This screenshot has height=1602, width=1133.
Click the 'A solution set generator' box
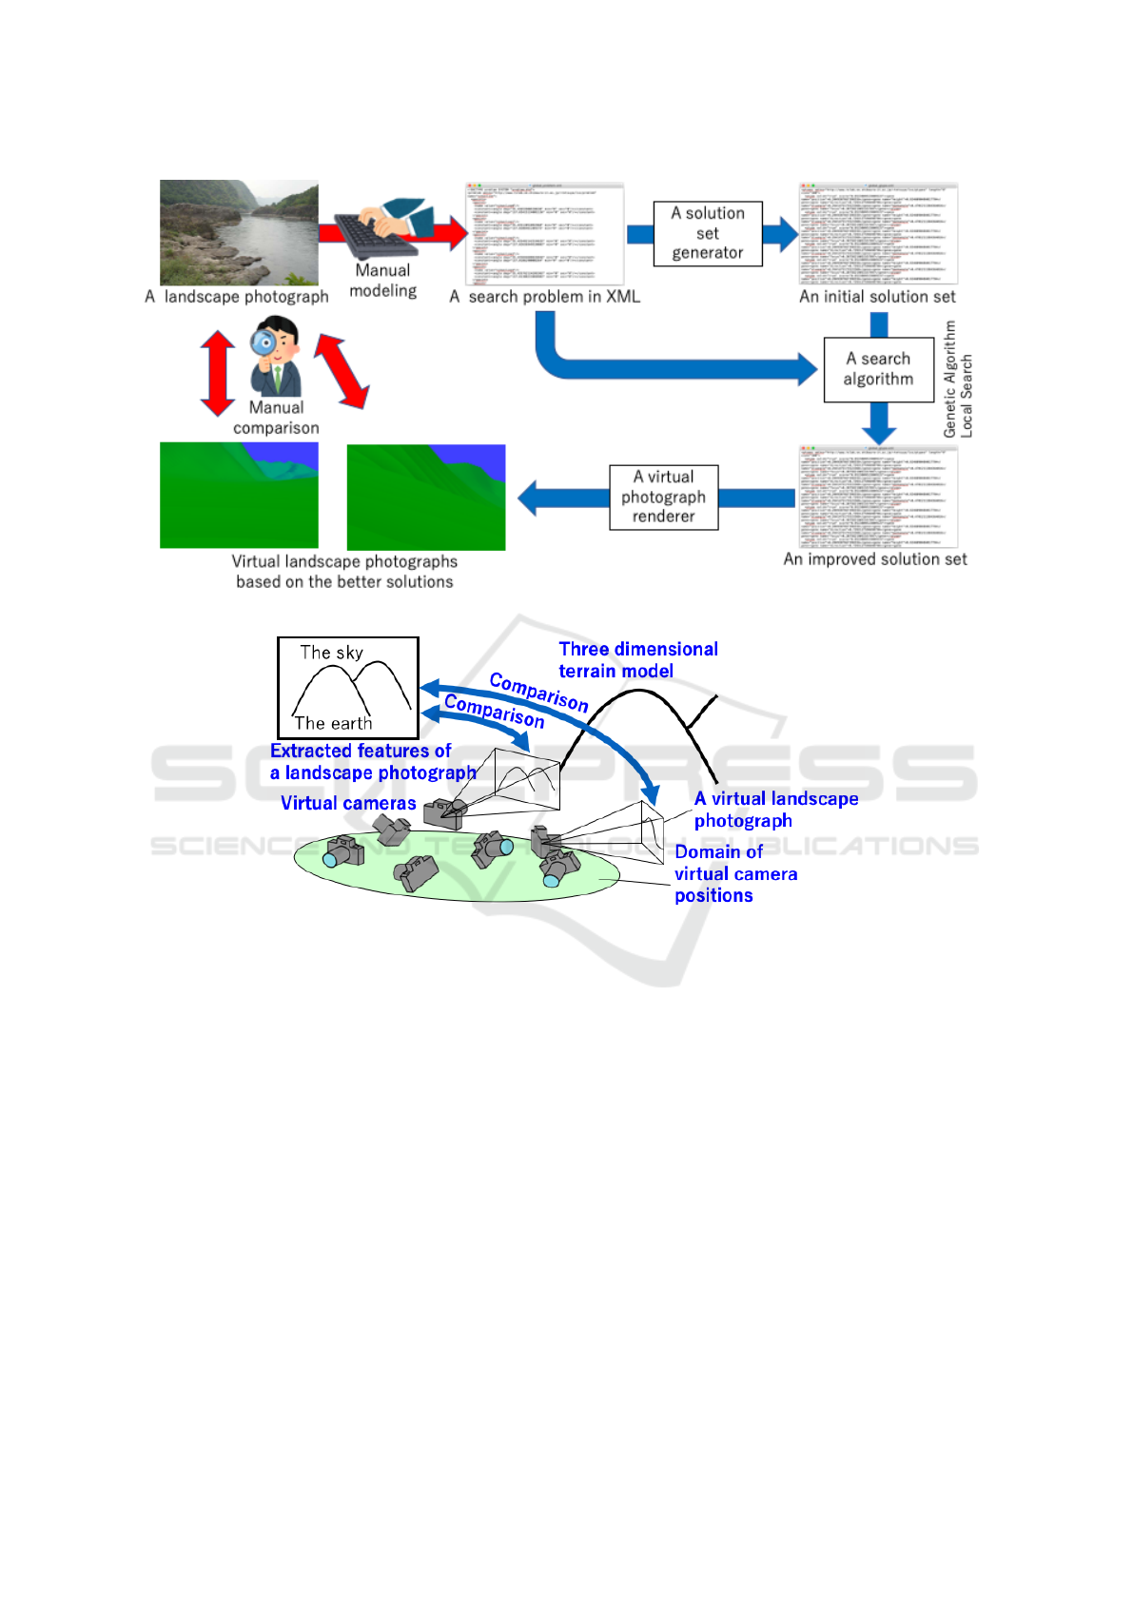point(708,233)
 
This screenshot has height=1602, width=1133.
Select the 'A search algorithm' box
point(878,369)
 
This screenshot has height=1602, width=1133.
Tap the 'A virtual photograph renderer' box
point(663,497)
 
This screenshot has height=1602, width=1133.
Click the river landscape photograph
point(239,232)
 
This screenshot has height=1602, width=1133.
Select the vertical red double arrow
point(218,373)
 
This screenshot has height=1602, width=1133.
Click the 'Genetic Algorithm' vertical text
point(949,379)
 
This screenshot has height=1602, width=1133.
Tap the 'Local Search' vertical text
point(967,396)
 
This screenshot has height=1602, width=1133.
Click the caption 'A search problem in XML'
point(544,297)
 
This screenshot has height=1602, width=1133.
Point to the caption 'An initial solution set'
point(877,297)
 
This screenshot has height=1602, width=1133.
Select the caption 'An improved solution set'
point(875,559)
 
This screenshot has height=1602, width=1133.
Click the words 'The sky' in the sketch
point(331,653)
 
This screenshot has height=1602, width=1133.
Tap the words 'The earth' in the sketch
point(333,723)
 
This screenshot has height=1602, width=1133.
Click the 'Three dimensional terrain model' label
point(637,660)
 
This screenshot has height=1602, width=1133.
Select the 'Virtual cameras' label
point(348,803)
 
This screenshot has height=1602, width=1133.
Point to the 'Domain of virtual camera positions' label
point(734,873)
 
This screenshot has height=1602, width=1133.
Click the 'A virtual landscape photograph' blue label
point(775,810)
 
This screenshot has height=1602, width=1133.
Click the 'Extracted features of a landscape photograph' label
point(372,762)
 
